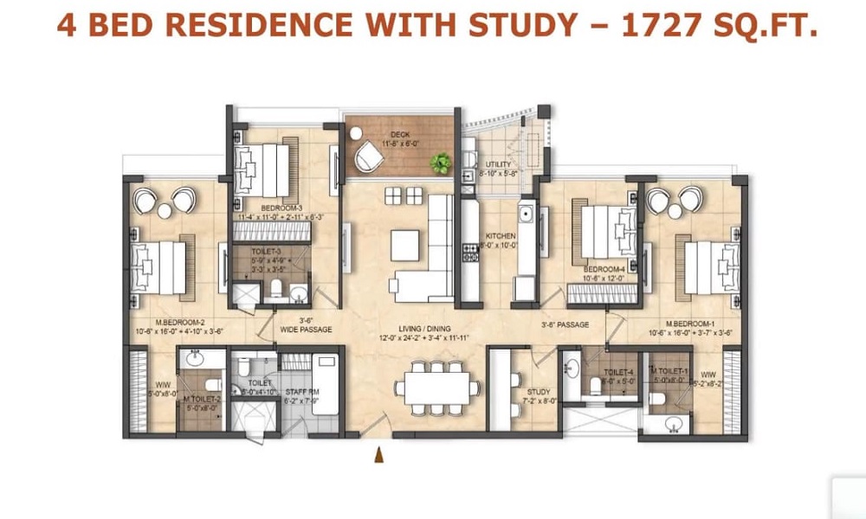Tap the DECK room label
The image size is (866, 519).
(x=399, y=134)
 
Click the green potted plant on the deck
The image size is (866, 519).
(x=443, y=162)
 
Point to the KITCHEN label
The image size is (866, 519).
(x=501, y=236)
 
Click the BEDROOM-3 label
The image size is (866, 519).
(x=281, y=207)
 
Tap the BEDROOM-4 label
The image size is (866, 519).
(x=604, y=269)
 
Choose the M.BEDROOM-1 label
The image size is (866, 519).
(x=690, y=320)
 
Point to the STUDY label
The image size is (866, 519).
(x=539, y=392)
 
